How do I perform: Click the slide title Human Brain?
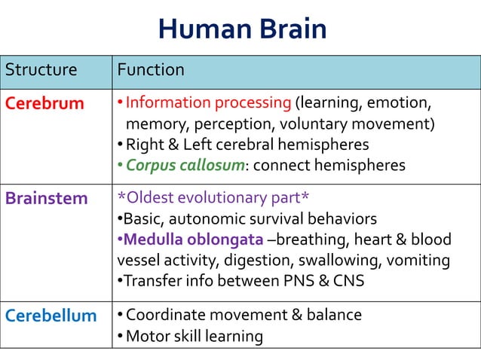pyautogui.click(x=242, y=29)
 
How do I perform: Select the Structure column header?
pyautogui.click(x=41, y=70)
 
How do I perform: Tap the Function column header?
pyautogui.click(x=151, y=70)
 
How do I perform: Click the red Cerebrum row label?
pyautogui.click(x=44, y=103)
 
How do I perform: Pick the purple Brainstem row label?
pyautogui.click(x=47, y=200)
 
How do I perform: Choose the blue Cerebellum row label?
pyautogui.click(x=51, y=316)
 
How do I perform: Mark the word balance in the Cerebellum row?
pyautogui.click(x=334, y=315)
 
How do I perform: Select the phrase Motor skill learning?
pyautogui.click(x=194, y=336)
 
